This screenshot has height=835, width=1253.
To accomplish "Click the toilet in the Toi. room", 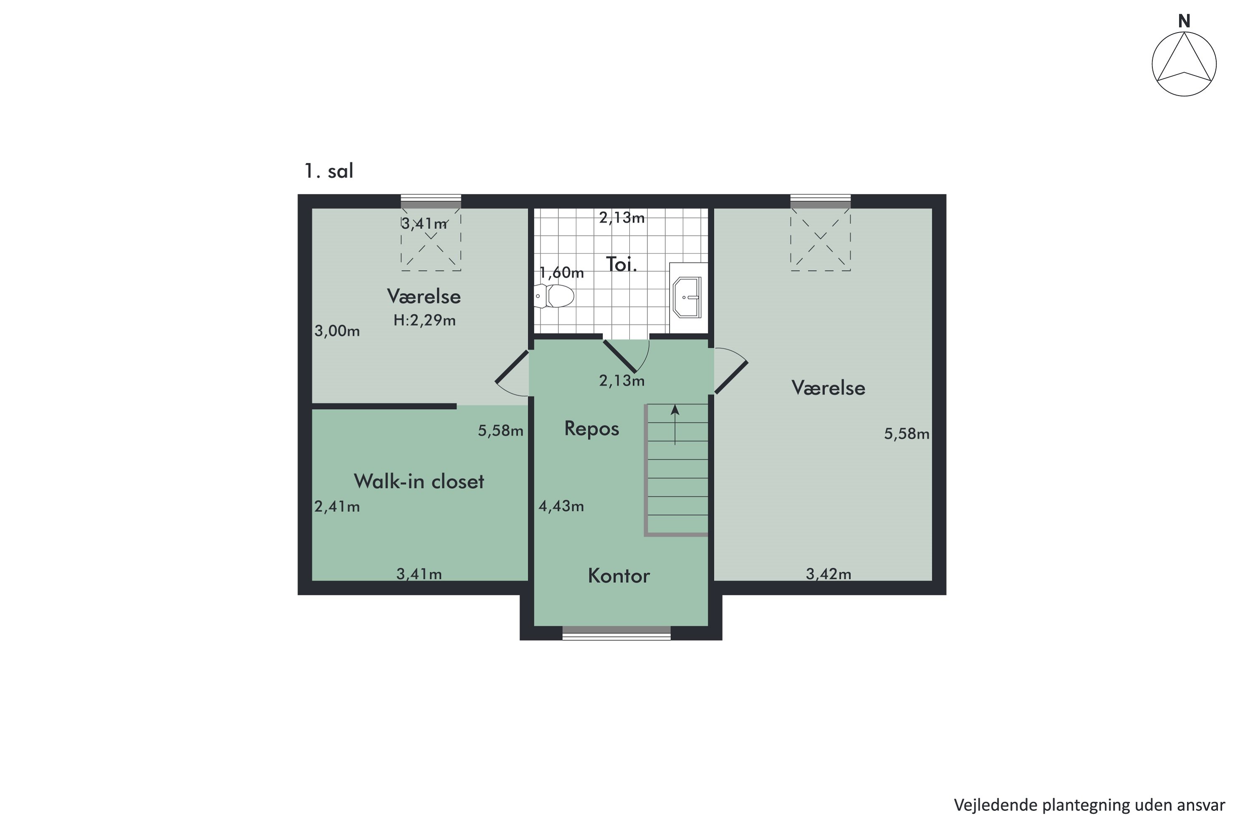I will coord(555,296).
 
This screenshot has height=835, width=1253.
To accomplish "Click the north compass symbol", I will coord(1184,63).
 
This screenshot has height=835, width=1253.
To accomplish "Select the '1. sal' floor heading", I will coord(329,171).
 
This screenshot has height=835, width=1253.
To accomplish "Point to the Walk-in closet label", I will coord(419,481).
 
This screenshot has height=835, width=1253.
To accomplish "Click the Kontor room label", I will coord(619,576).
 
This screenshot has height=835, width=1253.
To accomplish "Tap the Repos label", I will coord(591,429).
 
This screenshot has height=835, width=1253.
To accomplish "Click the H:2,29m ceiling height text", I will coord(425,320).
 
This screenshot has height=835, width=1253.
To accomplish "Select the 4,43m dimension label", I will coord(561,506).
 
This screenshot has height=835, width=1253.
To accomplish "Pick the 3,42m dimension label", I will coord(828,574).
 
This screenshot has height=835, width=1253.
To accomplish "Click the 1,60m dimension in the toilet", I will coord(561,273).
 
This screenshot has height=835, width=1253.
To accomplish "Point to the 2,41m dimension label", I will coord(337,506).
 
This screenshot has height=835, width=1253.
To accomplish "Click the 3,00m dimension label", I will coord(337,331).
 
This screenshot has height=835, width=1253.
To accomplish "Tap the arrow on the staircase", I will coord(675,424).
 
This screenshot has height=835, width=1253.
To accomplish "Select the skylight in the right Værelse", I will coord(820,240).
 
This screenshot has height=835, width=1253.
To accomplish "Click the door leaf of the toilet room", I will coord(619,356).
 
